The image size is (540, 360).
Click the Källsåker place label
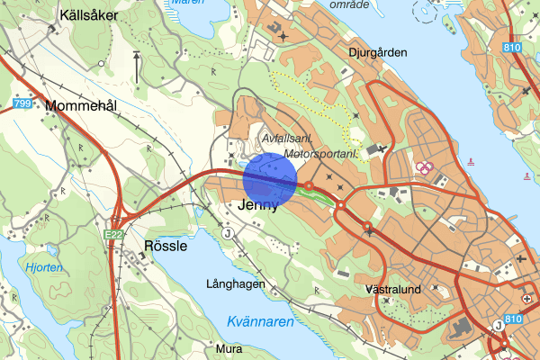pyautogui.click(x=88, y=15)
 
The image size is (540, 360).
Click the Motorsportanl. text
pyautogui.click(x=320, y=155)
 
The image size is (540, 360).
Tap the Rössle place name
pyautogui.click(x=166, y=245)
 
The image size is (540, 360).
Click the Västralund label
pyautogui.click(x=393, y=292)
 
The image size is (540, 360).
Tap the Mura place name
pyautogui.click(x=229, y=347)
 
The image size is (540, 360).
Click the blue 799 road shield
pyautogui.click(x=22, y=105)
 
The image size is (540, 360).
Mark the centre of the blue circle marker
pyautogui.click(x=270, y=179)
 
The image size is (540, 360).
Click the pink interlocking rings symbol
pyautogui.click(x=424, y=166)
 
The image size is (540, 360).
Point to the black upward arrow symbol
pyautogui.click(x=137, y=65)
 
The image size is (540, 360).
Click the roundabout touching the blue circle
pyautogui.click(x=308, y=186)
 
